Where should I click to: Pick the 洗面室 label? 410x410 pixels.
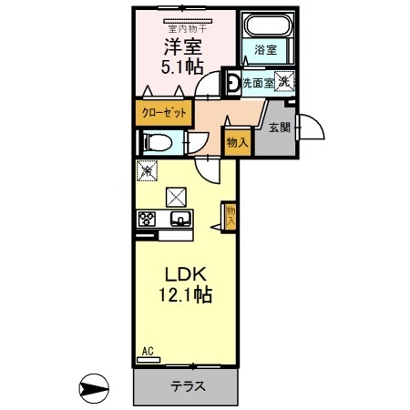[258, 83]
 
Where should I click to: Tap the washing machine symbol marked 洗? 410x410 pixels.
[284, 81]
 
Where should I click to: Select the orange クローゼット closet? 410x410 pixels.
[166, 113]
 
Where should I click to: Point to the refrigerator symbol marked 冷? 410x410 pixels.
[147, 169]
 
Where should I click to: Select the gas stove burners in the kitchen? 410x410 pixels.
[148, 219]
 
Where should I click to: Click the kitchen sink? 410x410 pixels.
[179, 219]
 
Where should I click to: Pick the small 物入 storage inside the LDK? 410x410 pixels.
[231, 216]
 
